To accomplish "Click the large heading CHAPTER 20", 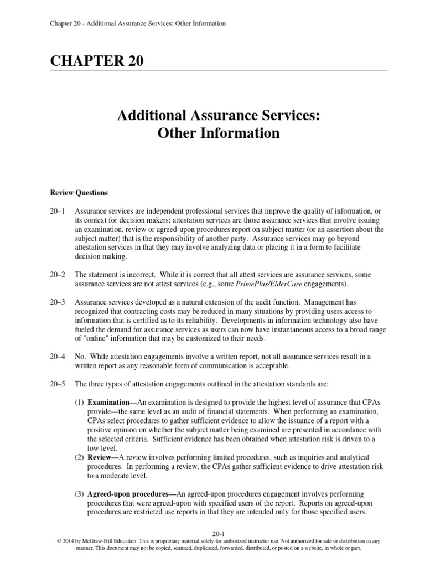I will (97, 62).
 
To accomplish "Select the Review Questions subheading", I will (79, 193).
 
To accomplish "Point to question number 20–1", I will (58, 212).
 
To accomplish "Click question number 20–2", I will (58, 275).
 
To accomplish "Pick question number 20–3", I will (58, 302).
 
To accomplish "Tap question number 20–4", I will (58, 357).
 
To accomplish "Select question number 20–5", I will (58, 384).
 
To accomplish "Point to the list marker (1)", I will (80, 402).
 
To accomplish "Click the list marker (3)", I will (80, 493).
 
